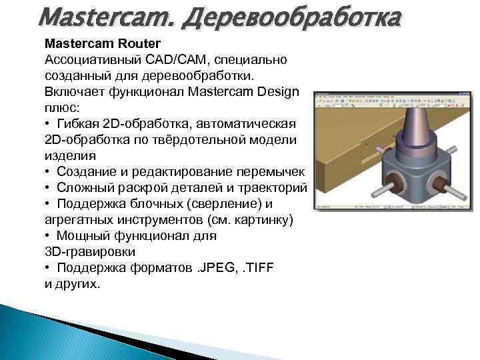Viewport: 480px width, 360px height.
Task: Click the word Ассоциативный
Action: click(x=86, y=60)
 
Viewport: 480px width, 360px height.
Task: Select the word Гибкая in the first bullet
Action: click(x=78, y=125)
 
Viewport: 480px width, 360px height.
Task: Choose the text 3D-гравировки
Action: click(x=90, y=251)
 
